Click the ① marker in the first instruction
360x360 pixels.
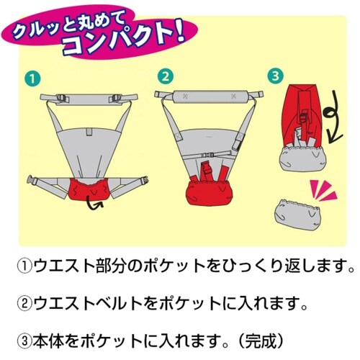tap(24, 266)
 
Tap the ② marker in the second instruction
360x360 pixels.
tap(24, 302)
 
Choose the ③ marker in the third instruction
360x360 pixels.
tap(24, 337)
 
